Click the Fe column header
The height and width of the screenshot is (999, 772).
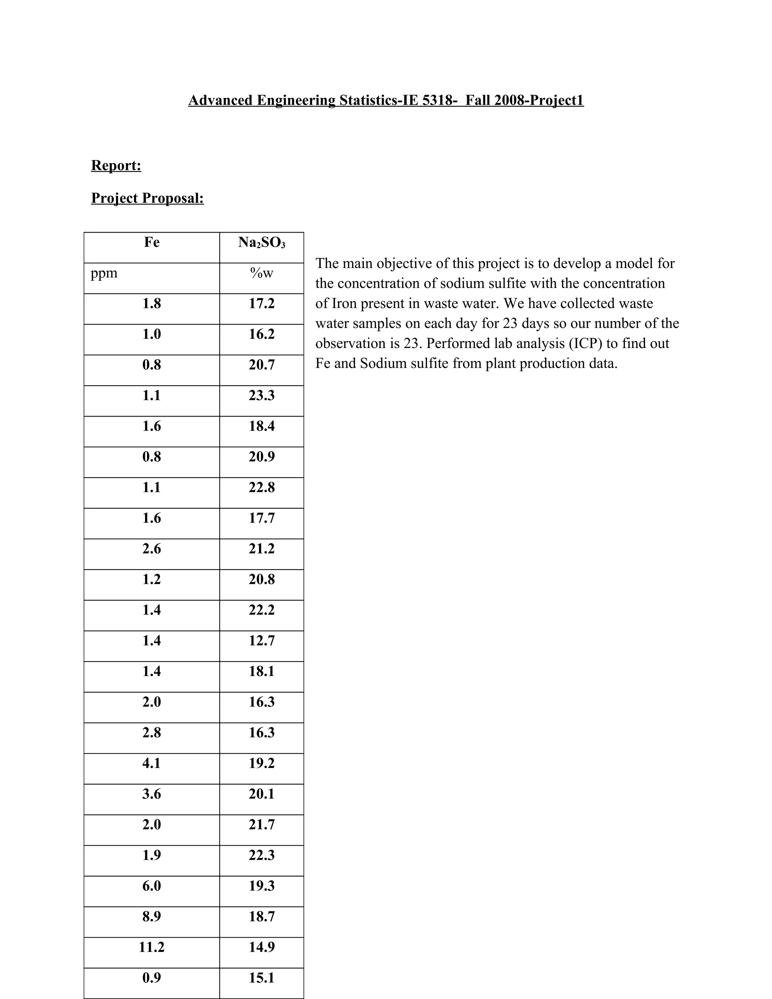coord(152,242)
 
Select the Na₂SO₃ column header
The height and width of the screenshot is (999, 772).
coord(262,242)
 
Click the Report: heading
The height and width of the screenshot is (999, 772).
coord(116,165)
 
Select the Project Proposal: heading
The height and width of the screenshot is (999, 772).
coord(147,198)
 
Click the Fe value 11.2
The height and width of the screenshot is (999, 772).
coord(152,947)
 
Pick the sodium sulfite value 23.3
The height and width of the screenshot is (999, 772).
coord(262,395)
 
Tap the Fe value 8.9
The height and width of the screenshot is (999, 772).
coord(152,916)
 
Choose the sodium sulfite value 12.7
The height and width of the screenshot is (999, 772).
coord(262,640)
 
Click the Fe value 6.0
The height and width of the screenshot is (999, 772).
coord(152,886)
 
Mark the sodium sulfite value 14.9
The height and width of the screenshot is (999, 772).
coord(262,947)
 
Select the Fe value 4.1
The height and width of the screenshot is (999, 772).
coord(152,763)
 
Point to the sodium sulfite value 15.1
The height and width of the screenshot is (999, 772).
coord(262,978)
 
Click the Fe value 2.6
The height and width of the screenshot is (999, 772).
coord(152,549)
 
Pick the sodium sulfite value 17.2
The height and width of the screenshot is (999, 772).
coord(262,303)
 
